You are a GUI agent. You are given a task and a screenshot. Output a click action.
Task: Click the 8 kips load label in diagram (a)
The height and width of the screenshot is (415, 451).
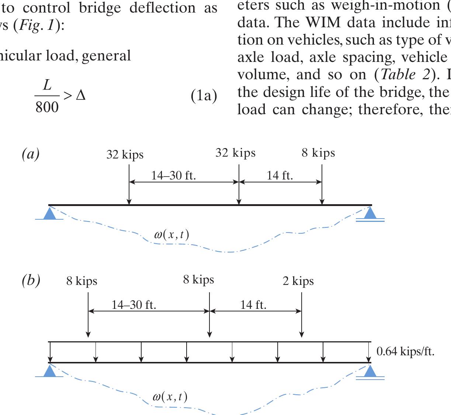click(318, 153)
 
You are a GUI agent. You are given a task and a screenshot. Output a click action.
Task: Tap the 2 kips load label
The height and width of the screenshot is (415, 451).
click(298, 281)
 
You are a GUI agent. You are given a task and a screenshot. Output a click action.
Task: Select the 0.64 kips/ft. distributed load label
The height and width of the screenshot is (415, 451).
click(405, 351)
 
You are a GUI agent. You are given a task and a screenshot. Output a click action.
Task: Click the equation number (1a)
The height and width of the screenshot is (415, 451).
click(204, 96)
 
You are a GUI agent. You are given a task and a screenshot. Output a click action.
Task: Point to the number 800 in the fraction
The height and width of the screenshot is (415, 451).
click(47, 107)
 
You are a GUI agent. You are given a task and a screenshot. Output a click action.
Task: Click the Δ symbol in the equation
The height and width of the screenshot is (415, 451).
click(80, 96)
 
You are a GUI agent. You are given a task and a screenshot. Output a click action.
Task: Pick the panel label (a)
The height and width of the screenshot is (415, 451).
click(31, 154)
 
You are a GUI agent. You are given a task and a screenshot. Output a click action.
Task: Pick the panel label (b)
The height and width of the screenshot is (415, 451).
click(31, 281)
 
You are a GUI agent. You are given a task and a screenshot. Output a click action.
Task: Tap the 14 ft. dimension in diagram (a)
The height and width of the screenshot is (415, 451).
click(280, 175)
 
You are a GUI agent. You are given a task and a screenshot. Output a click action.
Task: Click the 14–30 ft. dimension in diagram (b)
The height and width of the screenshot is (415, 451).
click(134, 305)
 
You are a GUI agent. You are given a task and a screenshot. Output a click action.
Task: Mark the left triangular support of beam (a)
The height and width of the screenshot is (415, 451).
click(50, 213)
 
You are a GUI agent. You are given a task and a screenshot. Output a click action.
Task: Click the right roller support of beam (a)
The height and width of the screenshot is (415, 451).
click(370, 213)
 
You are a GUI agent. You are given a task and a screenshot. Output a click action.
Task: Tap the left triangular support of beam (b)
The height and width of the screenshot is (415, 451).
click(50, 371)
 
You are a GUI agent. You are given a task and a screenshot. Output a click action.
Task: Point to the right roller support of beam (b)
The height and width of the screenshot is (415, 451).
click(370, 372)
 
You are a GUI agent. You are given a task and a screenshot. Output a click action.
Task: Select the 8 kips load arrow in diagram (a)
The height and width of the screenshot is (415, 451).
click(322, 184)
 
